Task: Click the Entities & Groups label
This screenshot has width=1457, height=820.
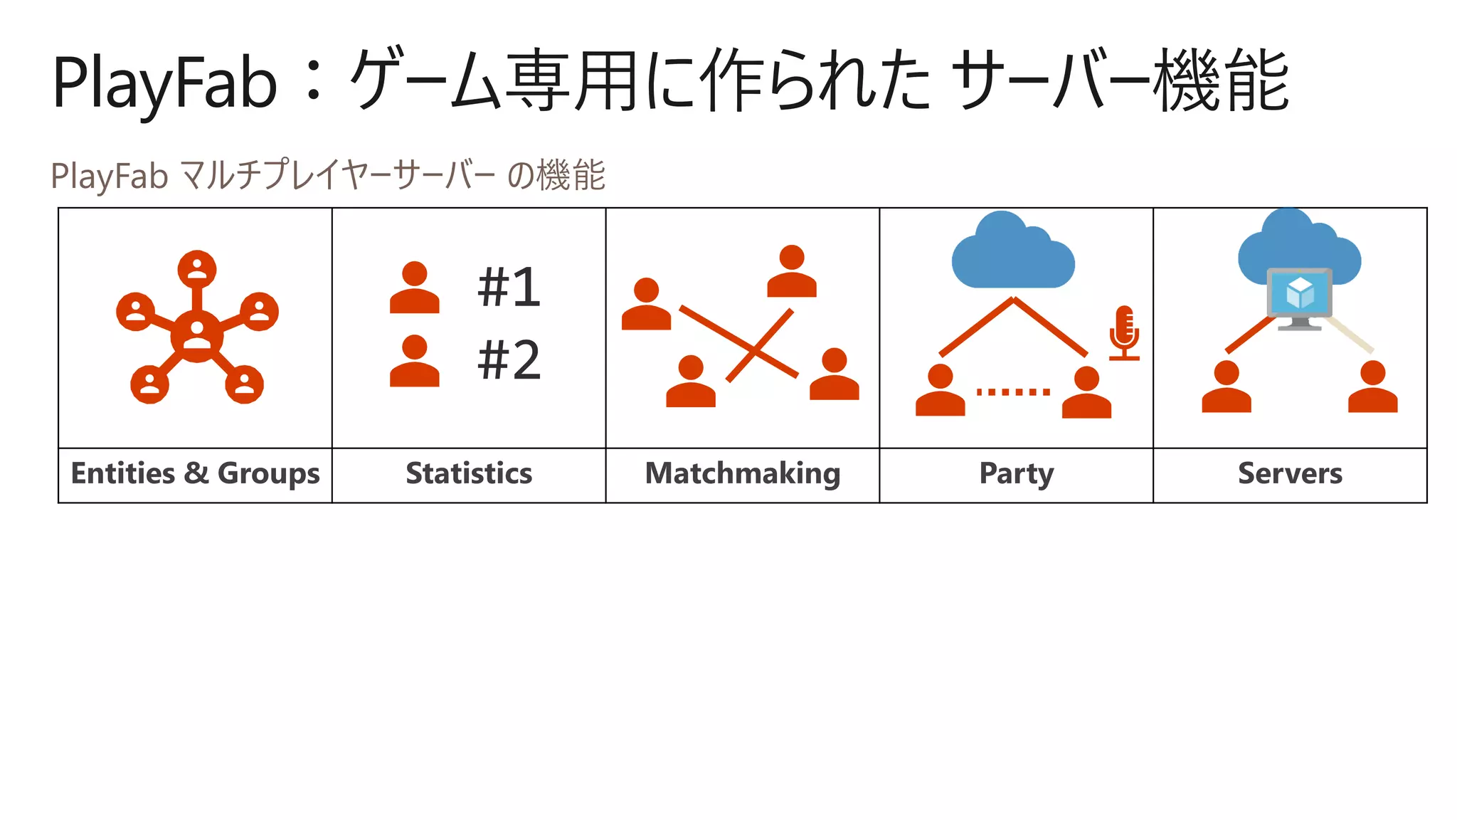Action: [195, 474]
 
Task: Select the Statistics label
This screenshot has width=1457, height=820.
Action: [469, 474]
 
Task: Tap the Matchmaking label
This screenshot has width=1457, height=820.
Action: [742, 474]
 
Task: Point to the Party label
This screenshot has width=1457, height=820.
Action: [1016, 474]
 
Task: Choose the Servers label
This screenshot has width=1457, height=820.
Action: [1290, 474]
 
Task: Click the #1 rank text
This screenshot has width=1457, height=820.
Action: [509, 288]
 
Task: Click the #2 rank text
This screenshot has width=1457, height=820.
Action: [509, 360]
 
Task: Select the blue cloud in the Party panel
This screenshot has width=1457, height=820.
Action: [1012, 252]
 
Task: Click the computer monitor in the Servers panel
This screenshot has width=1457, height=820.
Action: [1300, 296]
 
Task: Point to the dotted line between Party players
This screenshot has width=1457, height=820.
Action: [1013, 392]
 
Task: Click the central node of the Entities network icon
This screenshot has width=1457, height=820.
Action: [197, 335]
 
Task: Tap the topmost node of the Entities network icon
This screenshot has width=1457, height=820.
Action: [197, 269]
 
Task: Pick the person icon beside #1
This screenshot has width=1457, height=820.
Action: [414, 288]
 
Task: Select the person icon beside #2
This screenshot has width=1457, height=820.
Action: [414, 361]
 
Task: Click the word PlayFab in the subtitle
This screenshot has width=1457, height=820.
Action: [109, 176]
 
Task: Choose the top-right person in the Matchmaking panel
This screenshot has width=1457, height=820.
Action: [791, 271]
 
